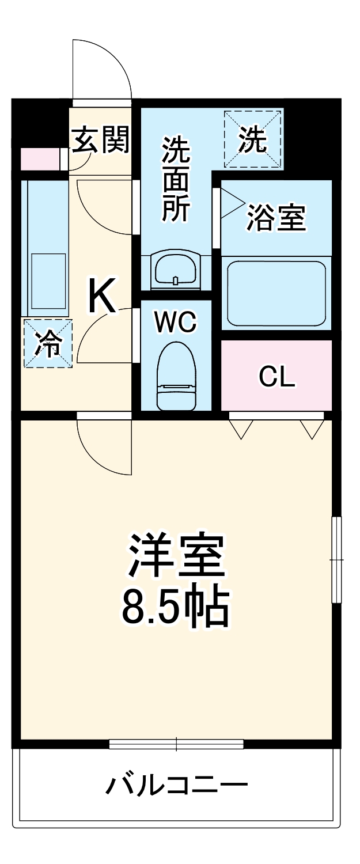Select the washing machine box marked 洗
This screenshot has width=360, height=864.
[x=253, y=139]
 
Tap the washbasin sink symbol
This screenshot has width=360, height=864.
[x=175, y=269]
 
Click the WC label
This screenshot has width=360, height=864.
[x=176, y=323]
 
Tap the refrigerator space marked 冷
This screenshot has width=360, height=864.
[x=48, y=343]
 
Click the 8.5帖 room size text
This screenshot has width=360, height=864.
[x=176, y=608]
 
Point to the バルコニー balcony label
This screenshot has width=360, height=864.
[x=176, y=785]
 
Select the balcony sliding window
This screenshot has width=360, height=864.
[x=176, y=744]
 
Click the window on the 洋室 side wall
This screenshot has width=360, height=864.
[x=336, y=559]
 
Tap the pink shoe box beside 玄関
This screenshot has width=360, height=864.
[x=40, y=159]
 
